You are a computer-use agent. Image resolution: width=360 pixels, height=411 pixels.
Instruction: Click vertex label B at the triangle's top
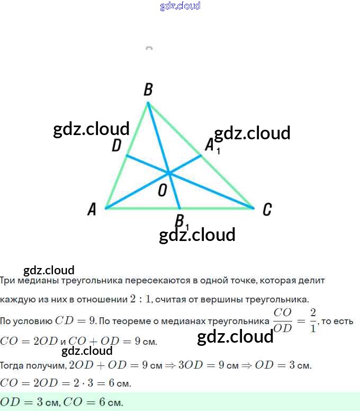coord(148,90)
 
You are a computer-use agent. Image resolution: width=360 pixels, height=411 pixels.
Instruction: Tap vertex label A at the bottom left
coord(92,210)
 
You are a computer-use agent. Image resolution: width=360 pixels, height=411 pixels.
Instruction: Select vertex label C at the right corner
coord(267,210)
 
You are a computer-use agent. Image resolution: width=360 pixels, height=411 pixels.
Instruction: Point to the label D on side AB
coord(116,146)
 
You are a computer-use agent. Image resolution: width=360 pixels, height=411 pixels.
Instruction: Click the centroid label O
coord(163,191)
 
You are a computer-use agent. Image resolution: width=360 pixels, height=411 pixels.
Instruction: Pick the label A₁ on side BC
coord(211,145)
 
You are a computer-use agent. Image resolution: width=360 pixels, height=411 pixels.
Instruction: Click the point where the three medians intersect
coord(169,173)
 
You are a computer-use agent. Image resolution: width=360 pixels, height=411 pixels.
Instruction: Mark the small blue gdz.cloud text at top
coord(180,6)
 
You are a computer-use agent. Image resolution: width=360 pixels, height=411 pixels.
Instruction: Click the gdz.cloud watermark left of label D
coord(91,129)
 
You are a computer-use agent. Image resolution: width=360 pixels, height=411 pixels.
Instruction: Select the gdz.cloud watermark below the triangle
coord(197,235)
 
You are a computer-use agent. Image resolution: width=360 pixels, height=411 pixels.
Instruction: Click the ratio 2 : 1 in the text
coord(141,299)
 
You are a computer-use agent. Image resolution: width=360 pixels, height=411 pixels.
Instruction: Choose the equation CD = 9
coord(75,321)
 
